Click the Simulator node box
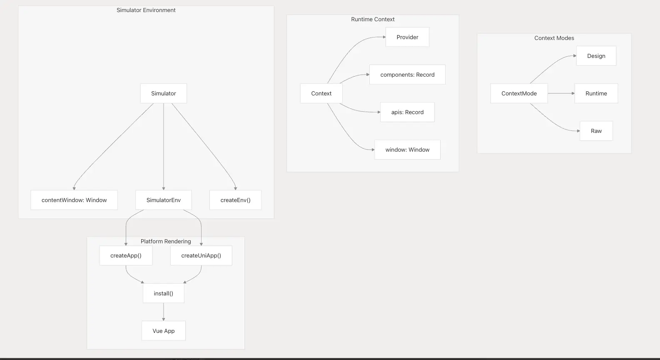pos(164,93)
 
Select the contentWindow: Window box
pos(74,200)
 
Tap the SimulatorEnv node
pos(164,200)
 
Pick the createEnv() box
pos(235,200)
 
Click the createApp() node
pos(126,256)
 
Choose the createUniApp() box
pos(201,256)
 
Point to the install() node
pos(164,293)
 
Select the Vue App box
pos(164,331)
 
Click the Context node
pos(321,93)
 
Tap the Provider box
pos(408,37)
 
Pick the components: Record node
pos(408,75)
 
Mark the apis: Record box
pos(408,112)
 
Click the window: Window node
pos(408,150)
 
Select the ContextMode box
pos(519,93)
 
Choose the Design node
pos(596,56)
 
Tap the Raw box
pos(596,131)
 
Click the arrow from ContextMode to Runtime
pos(561,93)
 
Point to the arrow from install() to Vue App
pos(164,312)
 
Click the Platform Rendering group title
pos(166,242)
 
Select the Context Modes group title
pos(554,38)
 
